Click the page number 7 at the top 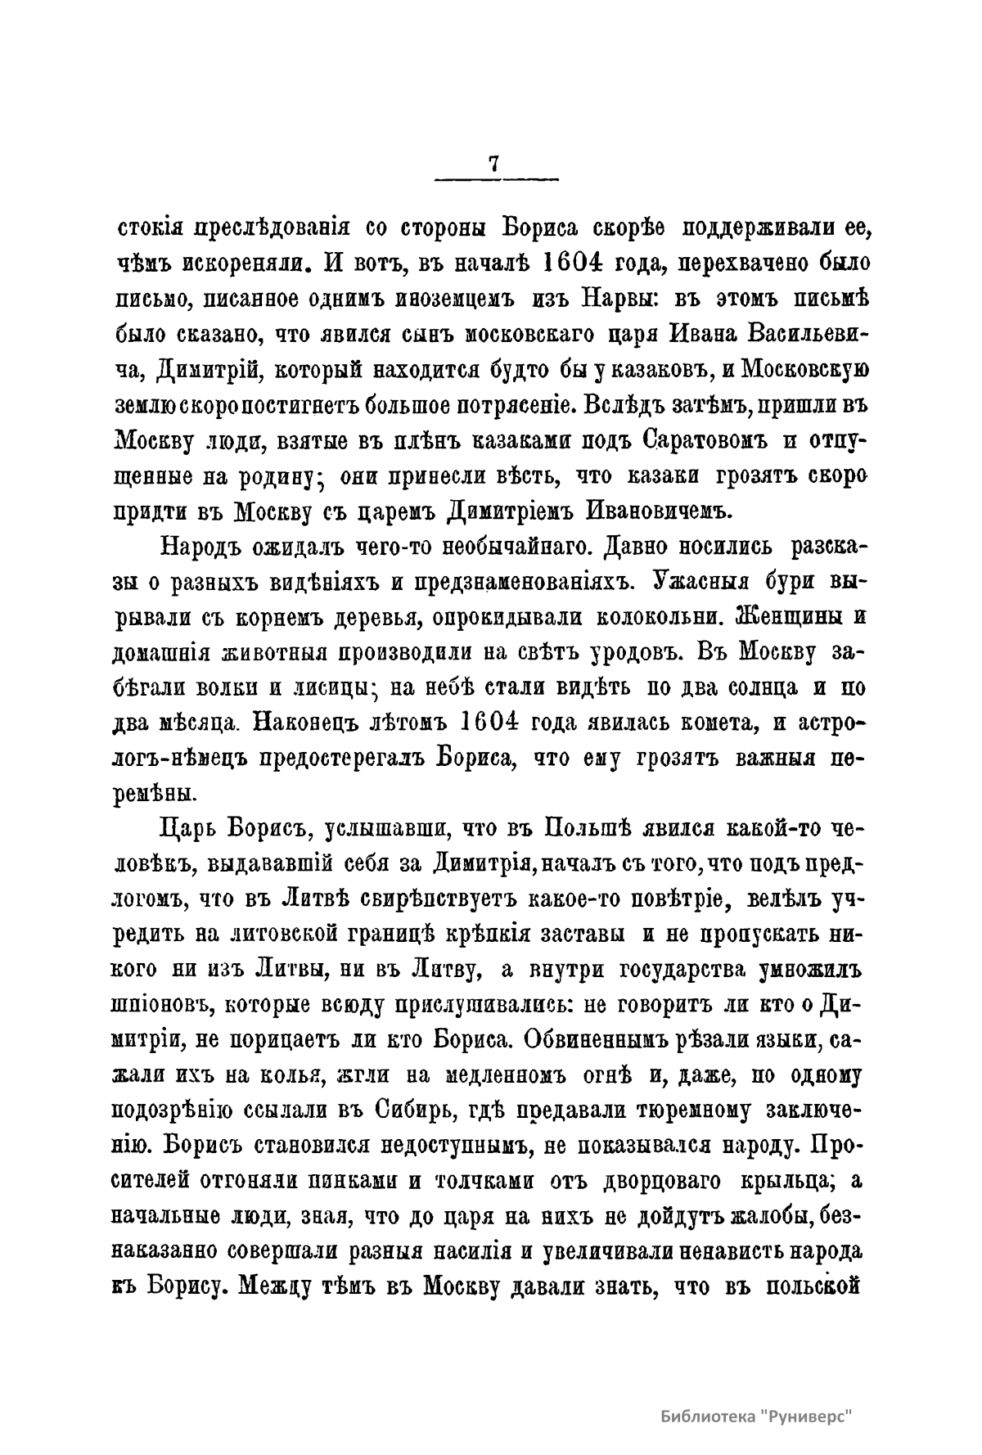(x=493, y=164)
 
